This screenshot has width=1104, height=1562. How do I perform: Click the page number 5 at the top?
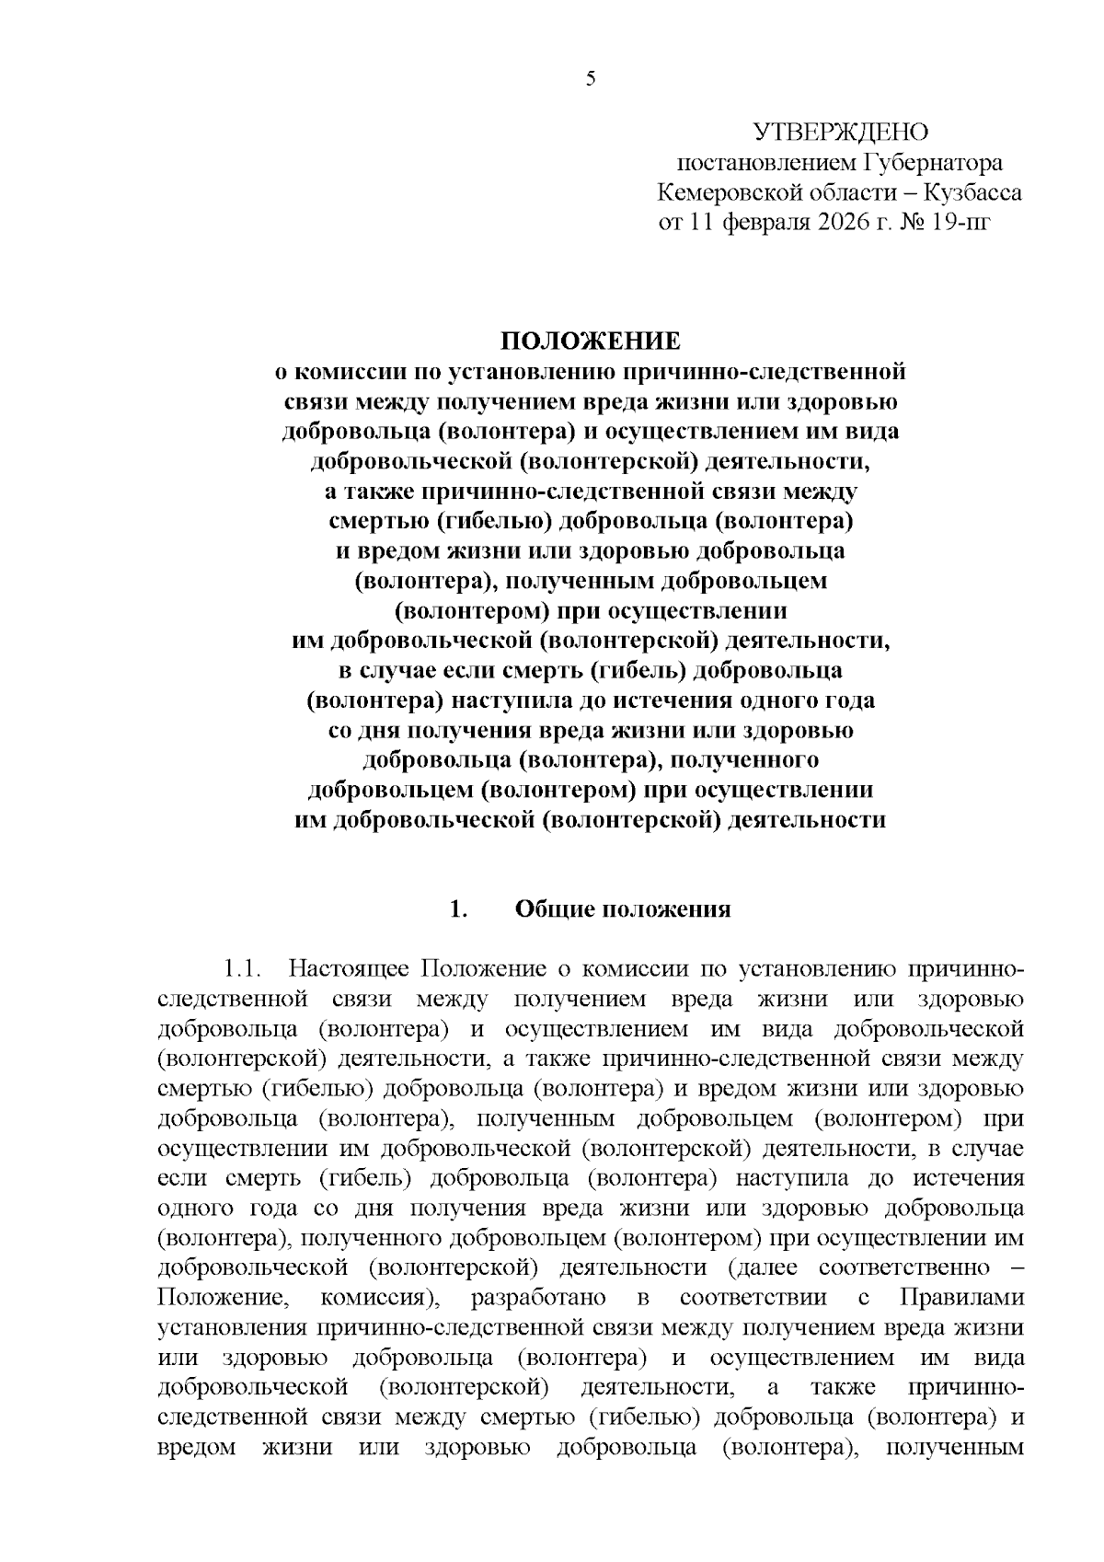591,79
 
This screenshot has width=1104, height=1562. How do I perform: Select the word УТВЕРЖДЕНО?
840,133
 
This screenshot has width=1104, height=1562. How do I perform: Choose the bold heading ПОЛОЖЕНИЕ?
591,341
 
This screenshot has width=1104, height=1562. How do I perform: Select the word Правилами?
960,1298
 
